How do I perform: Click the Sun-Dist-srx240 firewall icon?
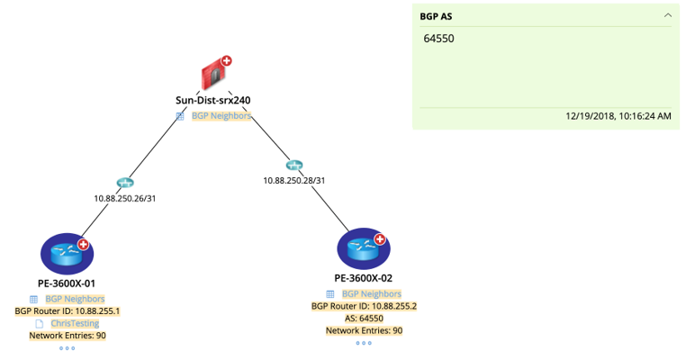click(212, 75)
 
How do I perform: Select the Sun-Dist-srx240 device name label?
click(212, 101)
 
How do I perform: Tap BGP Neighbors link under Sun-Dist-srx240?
click(221, 116)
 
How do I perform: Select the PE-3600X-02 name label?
click(363, 278)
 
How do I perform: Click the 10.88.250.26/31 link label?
click(125, 198)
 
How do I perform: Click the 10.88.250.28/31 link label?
click(293, 180)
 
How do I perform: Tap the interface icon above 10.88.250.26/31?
click(125, 184)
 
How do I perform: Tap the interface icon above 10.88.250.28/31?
click(293, 166)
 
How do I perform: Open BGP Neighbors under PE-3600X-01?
click(75, 299)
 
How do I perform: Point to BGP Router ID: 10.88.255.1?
click(68, 311)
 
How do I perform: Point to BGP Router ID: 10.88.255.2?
click(364, 306)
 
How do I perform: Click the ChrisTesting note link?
click(75, 323)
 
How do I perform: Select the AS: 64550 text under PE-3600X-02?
click(364, 319)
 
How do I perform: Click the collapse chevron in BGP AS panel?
click(667, 15)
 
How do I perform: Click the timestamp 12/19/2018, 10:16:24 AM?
click(618, 116)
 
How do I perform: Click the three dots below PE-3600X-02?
click(364, 343)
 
